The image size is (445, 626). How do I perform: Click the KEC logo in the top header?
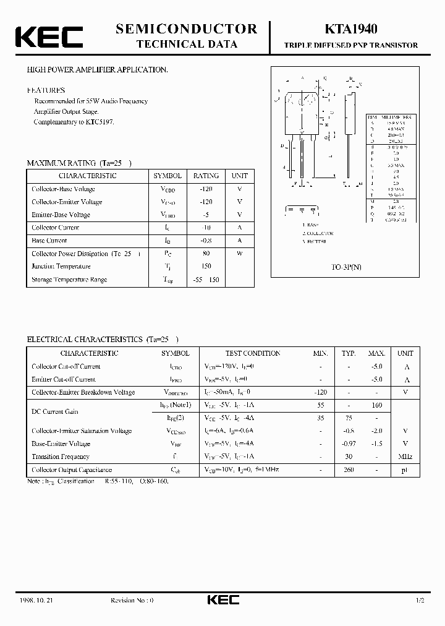tap(49, 36)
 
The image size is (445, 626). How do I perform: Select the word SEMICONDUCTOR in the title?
tap(186, 28)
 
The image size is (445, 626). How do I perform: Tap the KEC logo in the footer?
tap(222, 600)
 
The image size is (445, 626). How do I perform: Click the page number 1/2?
tap(420, 600)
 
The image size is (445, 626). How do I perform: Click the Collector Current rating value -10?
tap(206, 228)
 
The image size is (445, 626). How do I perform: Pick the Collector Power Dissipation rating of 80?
tap(206, 254)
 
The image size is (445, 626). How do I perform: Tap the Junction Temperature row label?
tap(61, 267)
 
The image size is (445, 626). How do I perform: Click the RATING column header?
tap(206, 176)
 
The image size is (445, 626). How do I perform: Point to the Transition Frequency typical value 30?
tap(349, 457)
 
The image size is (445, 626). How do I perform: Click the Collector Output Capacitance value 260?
tap(349, 469)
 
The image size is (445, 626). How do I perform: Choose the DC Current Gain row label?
tap(55, 411)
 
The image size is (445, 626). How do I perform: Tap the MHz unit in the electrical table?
tap(405, 457)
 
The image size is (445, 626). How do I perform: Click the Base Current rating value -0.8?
tap(206, 241)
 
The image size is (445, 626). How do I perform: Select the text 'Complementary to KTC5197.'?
tap(74, 122)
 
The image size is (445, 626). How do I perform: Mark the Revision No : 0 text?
tap(132, 600)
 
